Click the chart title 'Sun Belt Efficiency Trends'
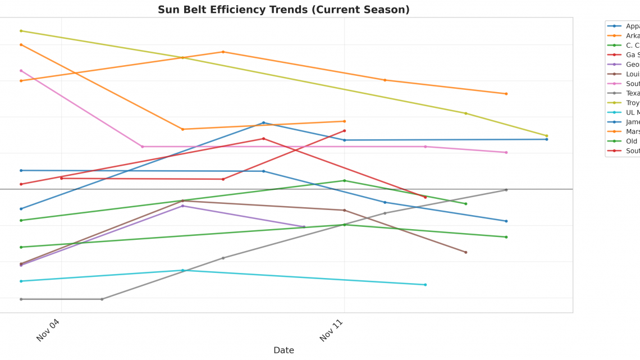[284, 10]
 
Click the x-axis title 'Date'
[284, 350]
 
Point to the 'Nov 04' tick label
[48, 330]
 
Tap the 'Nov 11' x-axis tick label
[331, 330]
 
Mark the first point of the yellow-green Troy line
[21, 31]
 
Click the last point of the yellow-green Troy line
[546, 136]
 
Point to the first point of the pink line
[21, 71]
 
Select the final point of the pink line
[506, 152]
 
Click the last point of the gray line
[506, 190]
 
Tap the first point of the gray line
[21, 299]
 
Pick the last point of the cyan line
[425, 285]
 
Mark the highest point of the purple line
[182, 206]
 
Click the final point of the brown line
[465, 252]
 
